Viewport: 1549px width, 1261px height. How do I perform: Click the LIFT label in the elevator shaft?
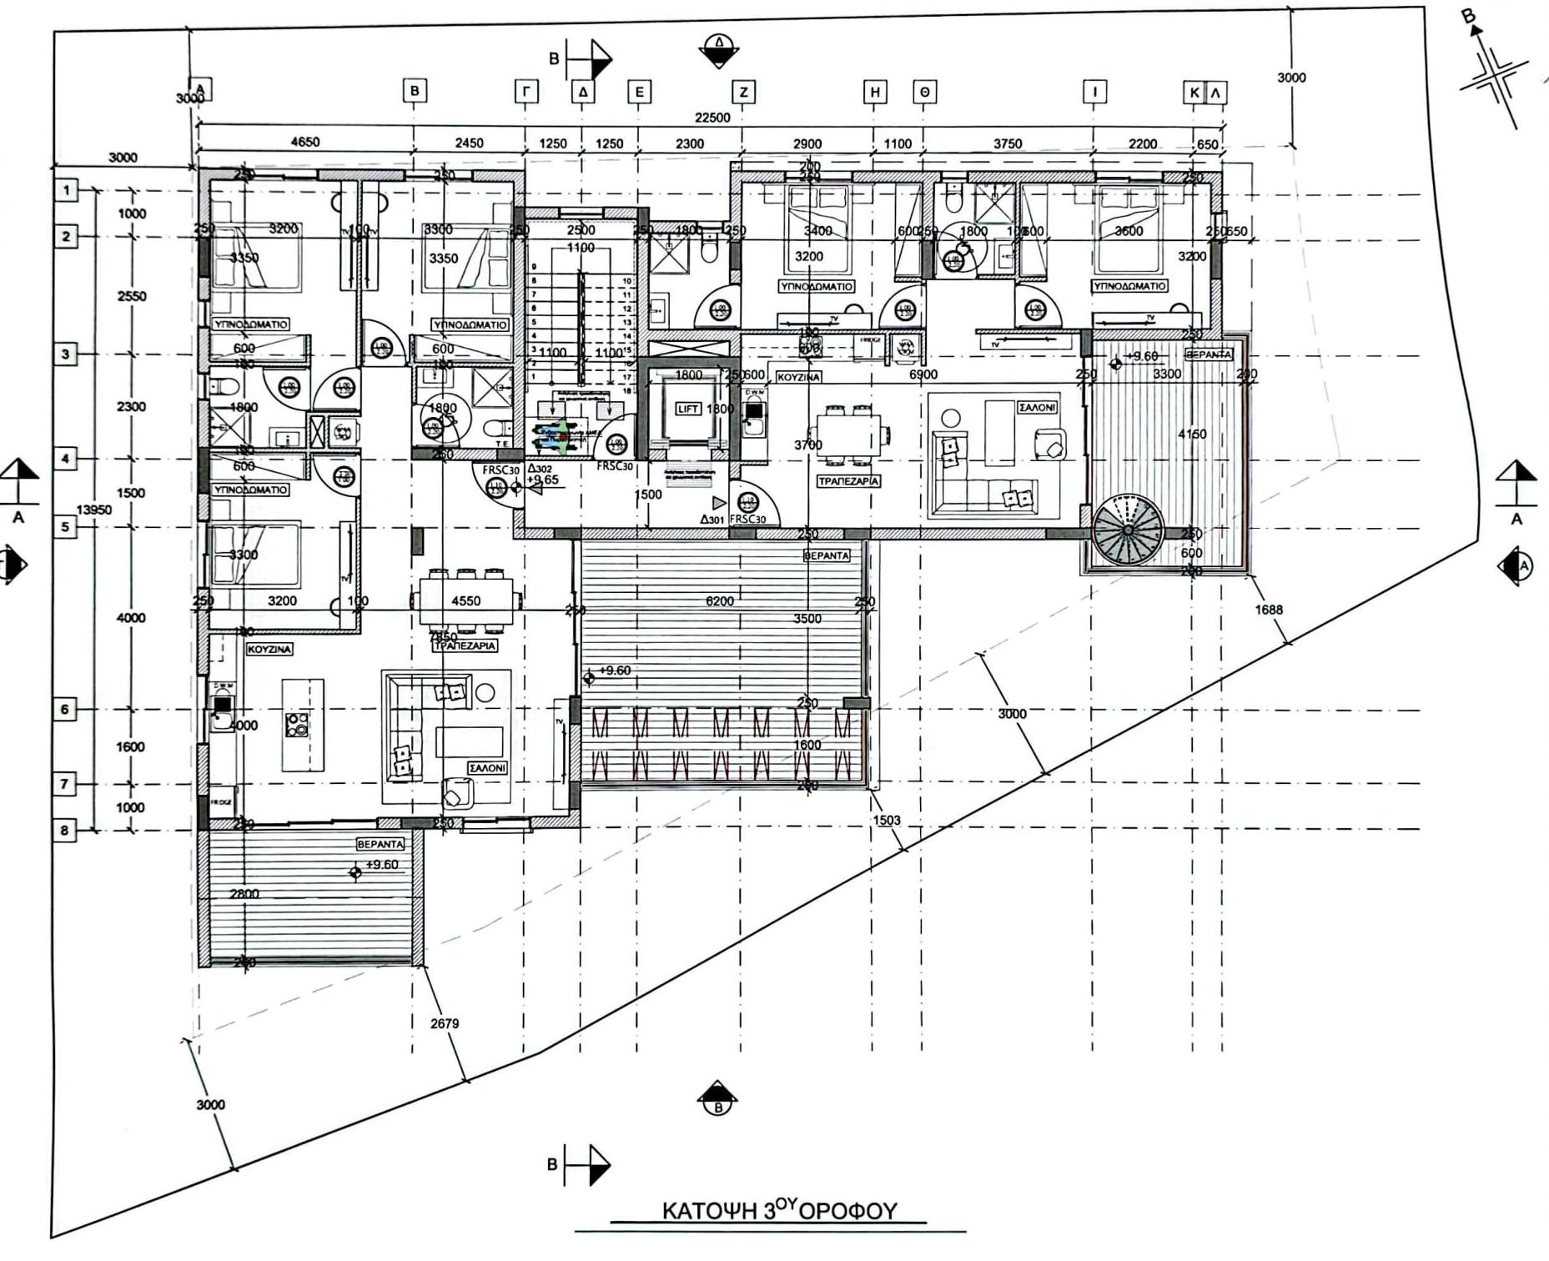click(687, 409)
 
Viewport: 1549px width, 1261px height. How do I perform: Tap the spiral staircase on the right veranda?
click(1127, 530)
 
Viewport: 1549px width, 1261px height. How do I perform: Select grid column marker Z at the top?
click(742, 92)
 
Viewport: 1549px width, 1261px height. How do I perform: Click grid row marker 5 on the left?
click(66, 527)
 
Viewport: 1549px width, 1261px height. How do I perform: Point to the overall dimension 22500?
click(712, 118)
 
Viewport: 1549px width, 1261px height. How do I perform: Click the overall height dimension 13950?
click(93, 509)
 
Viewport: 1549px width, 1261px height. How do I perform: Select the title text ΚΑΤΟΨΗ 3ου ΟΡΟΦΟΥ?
click(779, 1210)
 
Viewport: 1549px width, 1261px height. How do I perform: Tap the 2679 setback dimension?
click(445, 1023)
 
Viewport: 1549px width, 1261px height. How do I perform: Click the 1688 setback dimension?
click(1268, 610)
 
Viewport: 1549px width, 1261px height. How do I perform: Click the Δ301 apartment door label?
click(712, 519)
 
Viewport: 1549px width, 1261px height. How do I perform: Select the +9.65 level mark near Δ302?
click(543, 480)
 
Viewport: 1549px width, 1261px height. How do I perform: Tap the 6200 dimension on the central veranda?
click(719, 600)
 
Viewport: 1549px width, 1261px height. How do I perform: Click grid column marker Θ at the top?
click(923, 92)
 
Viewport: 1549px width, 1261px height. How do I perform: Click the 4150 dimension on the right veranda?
click(1192, 434)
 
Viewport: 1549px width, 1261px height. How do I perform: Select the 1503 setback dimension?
click(886, 820)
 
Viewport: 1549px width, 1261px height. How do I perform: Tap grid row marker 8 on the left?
click(66, 831)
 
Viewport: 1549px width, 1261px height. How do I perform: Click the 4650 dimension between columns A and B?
click(304, 143)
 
